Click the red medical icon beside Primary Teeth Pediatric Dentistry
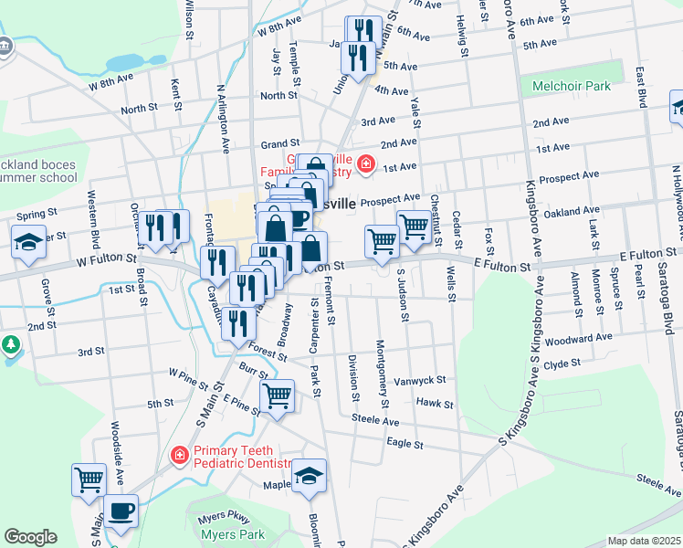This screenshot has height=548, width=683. [180, 454]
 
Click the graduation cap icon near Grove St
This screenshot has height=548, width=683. [28, 243]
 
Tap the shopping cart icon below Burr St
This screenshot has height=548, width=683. [277, 396]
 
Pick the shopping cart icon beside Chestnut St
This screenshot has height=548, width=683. [414, 226]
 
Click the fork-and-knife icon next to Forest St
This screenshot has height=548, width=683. [238, 322]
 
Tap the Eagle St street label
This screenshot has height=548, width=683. [404, 444]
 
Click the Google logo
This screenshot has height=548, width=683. [30, 537]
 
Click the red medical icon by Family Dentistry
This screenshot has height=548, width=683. [366, 163]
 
